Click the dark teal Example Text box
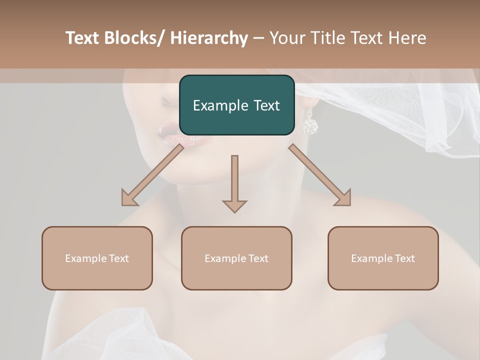(x=236, y=105)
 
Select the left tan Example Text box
(x=97, y=258)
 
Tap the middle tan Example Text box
(x=236, y=258)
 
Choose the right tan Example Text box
(x=383, y=258)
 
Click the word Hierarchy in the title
(x=209, y=38)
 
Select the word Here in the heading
(x=408, y=38)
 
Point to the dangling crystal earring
(x=310, y=122)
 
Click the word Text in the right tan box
(x=404, y=258)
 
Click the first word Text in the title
(x=82, y=38)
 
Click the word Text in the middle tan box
(x=258, y=258)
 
